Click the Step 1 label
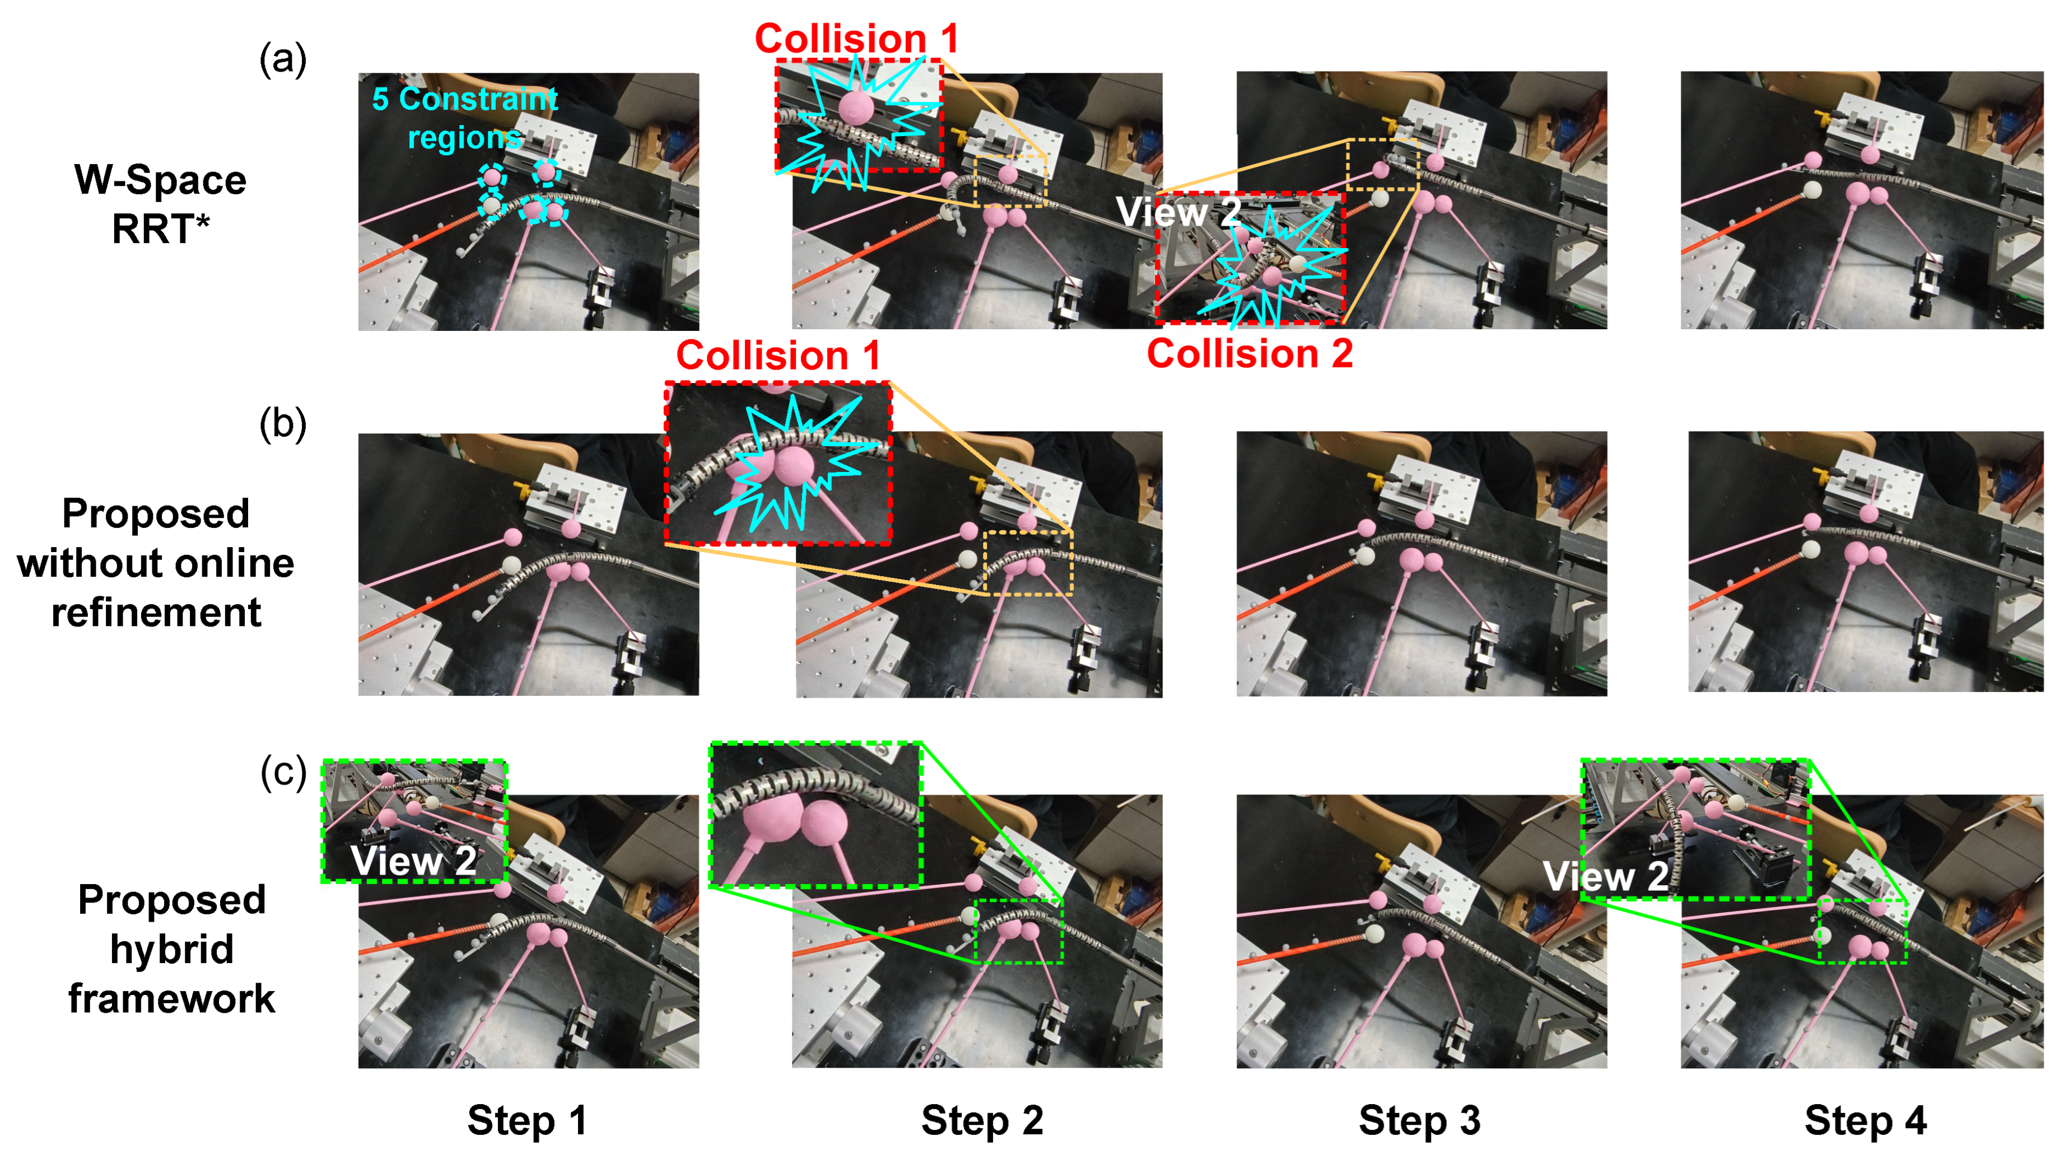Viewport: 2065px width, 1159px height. click(526, 1120)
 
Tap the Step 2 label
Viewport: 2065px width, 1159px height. click(982, 1120)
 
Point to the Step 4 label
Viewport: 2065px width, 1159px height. click(1866, 1120)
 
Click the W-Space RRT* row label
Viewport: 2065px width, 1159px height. click(160, 204)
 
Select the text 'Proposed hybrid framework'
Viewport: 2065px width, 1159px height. click(171, 948)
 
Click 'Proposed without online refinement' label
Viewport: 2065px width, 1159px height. click(156, 563)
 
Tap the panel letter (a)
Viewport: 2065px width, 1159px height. click(283, 60)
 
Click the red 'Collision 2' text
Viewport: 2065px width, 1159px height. click(1250, 353)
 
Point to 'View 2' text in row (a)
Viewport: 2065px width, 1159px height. click(1178, 212)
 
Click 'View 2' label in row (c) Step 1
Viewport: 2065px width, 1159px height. click(414, 861)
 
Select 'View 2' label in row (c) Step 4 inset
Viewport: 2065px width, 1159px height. click(1606, 876)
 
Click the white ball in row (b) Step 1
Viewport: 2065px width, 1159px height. click(511, 565)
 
